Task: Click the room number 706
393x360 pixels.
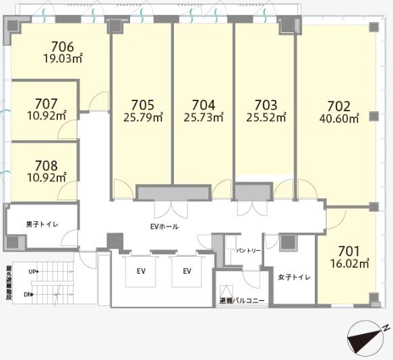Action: (x=63, y=47)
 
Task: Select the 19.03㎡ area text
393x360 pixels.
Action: (x=63, y=59)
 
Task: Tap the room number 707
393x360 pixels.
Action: (x=47, y=104)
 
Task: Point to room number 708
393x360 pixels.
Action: (x=47, y=166)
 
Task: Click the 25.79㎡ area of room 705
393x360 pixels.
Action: (x=143, y=117)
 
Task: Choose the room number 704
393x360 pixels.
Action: (x=204, y=105)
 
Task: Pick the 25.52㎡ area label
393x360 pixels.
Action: (x=266, y=117)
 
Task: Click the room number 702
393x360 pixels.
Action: (x=339, y=107)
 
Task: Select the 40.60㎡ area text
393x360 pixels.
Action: (x=339, y=119)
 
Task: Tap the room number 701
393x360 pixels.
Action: (x=349, y=251)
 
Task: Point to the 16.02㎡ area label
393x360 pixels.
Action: (x=350, y=263)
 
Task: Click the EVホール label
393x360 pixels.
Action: (x=164, y=227)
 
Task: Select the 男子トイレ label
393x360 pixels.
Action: (x=42, y=224)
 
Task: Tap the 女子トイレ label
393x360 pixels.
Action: (x=295, y=277)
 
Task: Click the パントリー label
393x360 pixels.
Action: (x=249, y=251)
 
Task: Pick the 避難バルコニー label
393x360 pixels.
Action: (x=242, y=300)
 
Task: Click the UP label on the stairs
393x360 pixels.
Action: (x=32, y=272)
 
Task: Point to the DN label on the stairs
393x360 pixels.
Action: (x=28, y=295)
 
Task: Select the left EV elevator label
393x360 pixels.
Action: (x=141, y=271)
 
